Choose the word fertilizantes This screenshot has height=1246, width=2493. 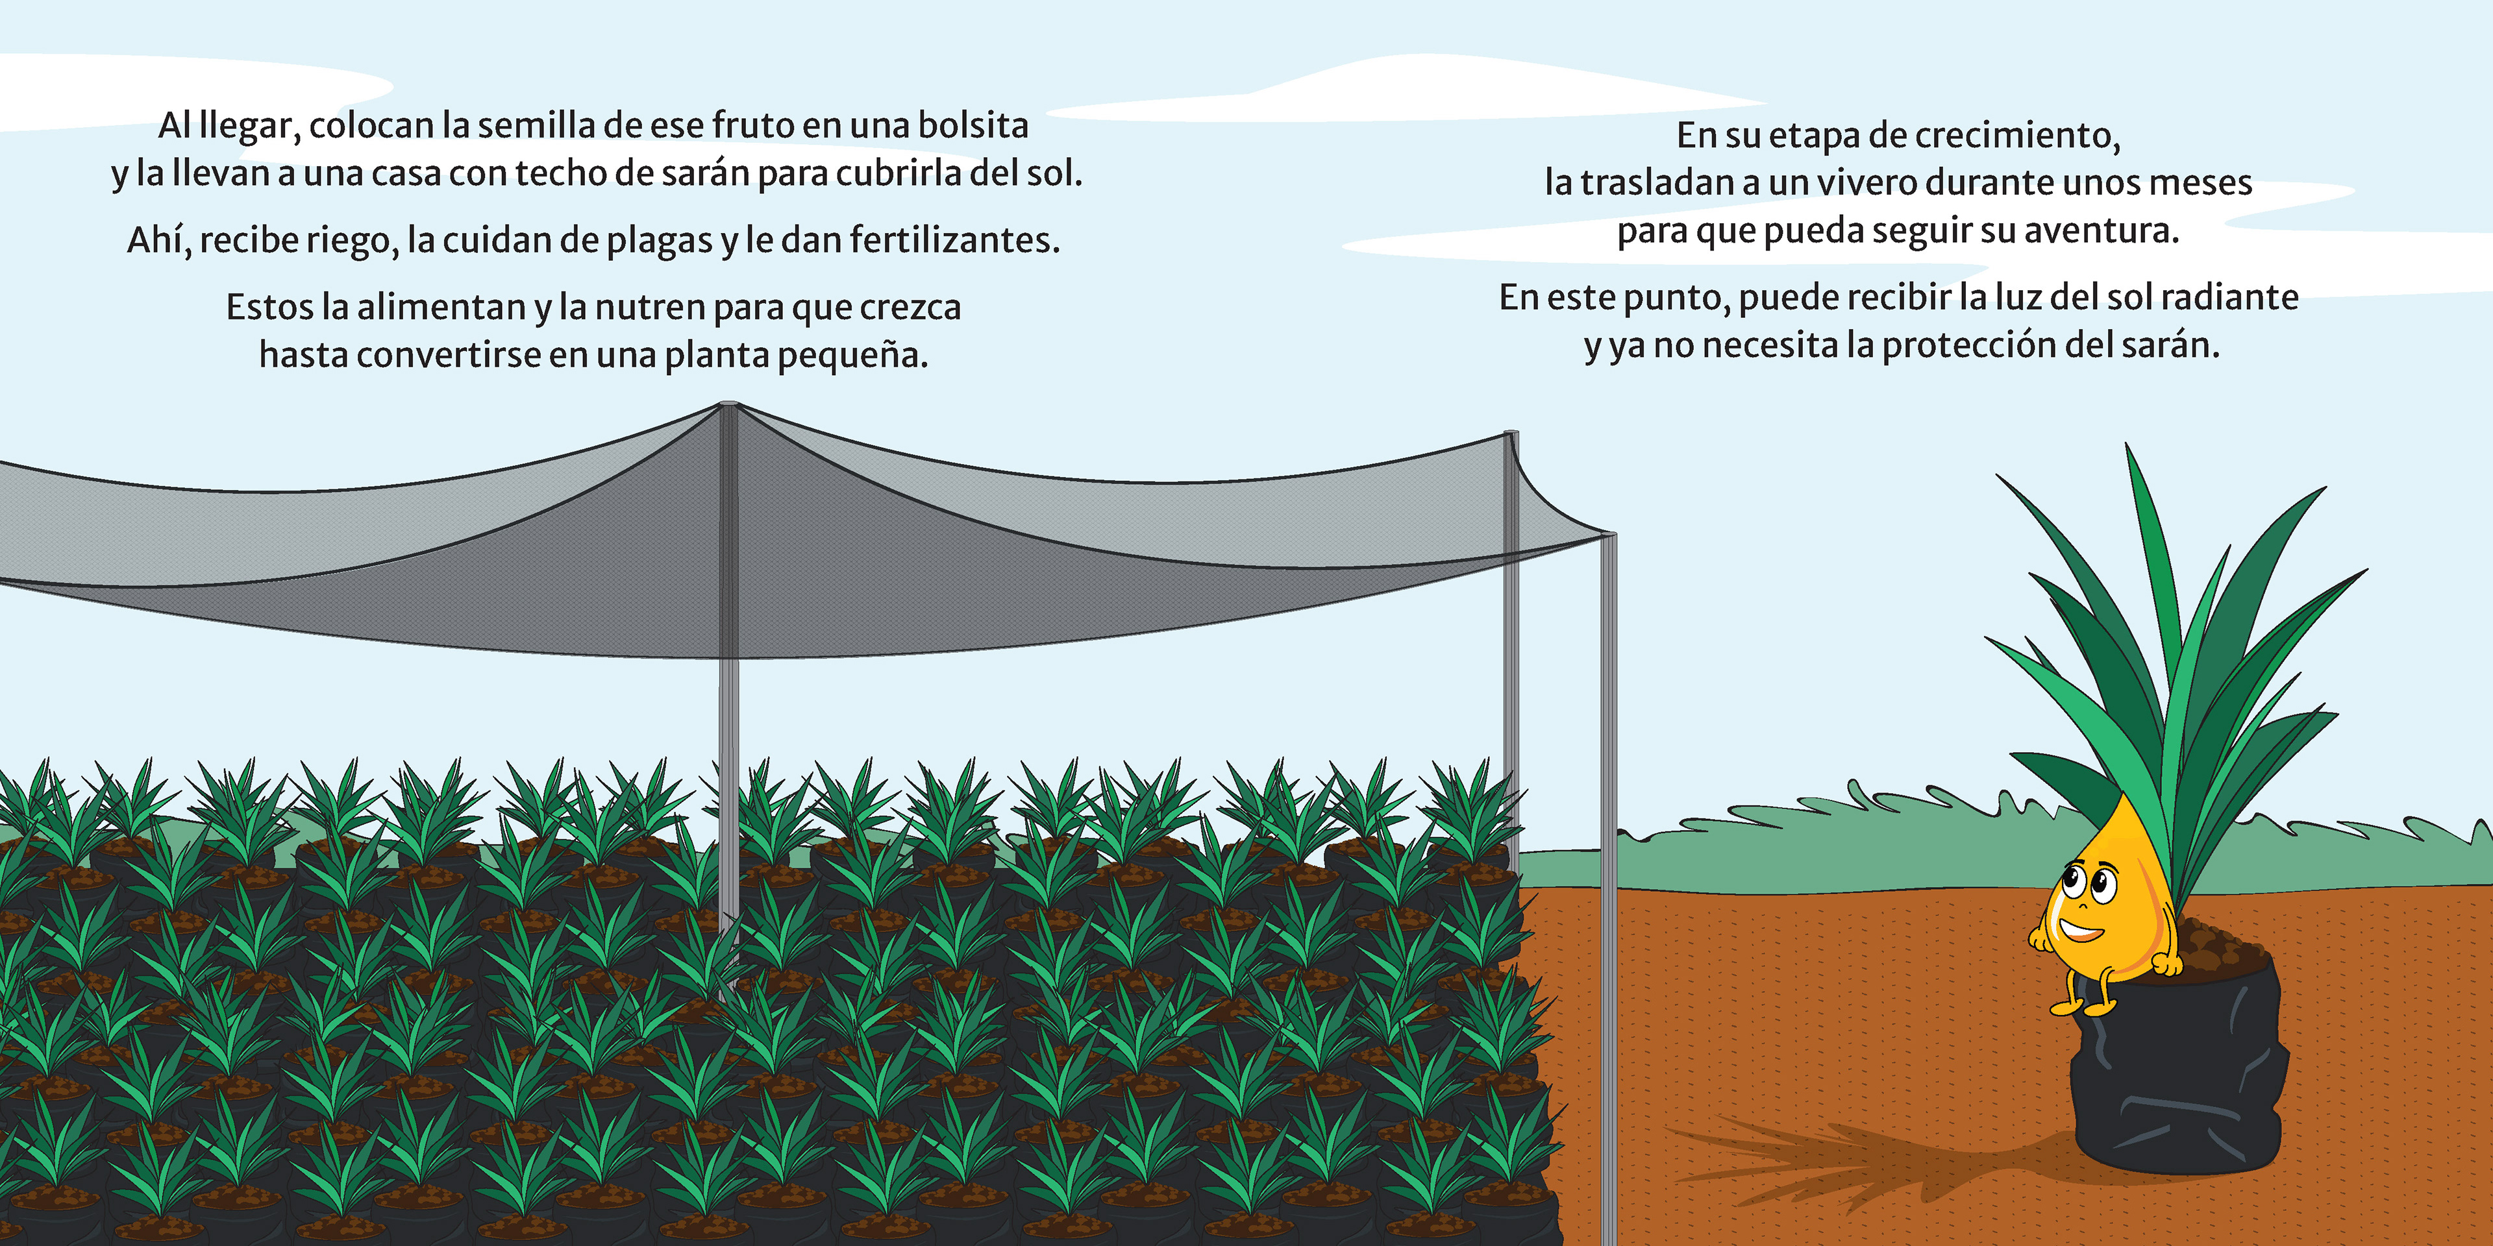tap(954, 240)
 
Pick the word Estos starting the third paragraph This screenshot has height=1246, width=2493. tap(269, 308)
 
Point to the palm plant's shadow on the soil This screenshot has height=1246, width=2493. tap(1839, 1161)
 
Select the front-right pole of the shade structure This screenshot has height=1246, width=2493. tap(1609, 871)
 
